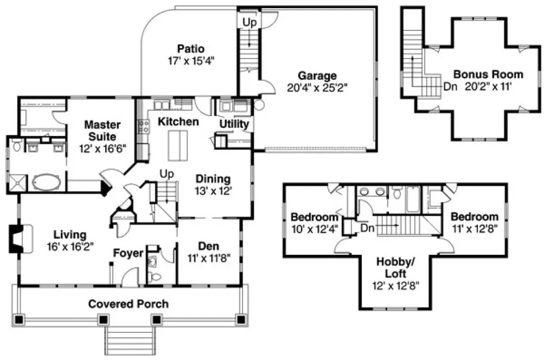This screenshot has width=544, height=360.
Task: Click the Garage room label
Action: pyautogui.click(x=317, y=76)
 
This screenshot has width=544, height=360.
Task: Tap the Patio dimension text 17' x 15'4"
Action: pyautogui.click(x=190, y=60)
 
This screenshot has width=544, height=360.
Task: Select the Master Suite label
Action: pyautogui.click(x=102, y=130)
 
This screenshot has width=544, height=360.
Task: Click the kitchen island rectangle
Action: pyautogui.click(x=177, y=145)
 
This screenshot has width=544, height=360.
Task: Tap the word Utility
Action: pyautogui.click(x=234, y=124)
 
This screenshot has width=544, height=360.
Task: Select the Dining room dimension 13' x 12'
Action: pyautogui.click(x=213, y=190)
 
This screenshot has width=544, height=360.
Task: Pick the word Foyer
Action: pyautogui.click(x=128, y=253)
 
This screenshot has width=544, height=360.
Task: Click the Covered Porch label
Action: pyautogui.click(x=129, y=304)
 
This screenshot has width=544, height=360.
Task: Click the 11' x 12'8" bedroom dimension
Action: pyautogui.click(x=475, y=228)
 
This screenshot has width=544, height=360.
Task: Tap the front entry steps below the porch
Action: pyautogui.click(x=129, y=342)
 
